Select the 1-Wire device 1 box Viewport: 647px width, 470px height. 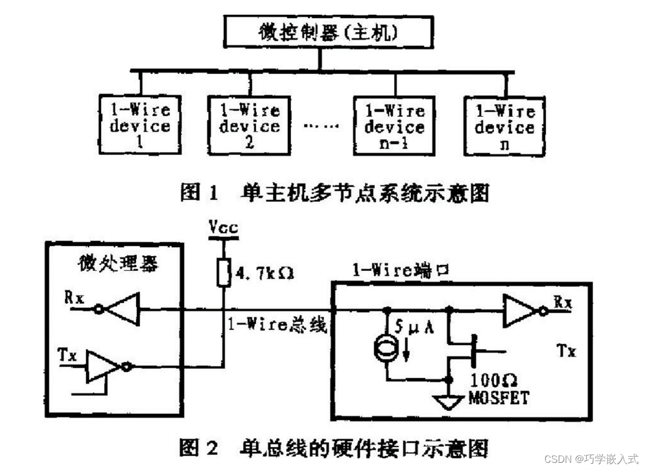click(140, 125)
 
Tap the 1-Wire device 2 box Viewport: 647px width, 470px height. click(249, 125)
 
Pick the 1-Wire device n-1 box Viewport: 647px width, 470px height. click(394, 126)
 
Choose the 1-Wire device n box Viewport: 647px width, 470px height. click(504, 127)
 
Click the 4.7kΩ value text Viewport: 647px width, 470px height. click(263, 273)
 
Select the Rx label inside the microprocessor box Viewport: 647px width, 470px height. click(74, 297)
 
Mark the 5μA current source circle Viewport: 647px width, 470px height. click(387, 350)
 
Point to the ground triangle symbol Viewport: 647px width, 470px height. click(450, 402)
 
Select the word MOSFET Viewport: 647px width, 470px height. click(498, 397)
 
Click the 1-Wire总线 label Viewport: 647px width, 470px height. click(277, 325)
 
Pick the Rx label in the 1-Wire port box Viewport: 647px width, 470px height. click(562, 301)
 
